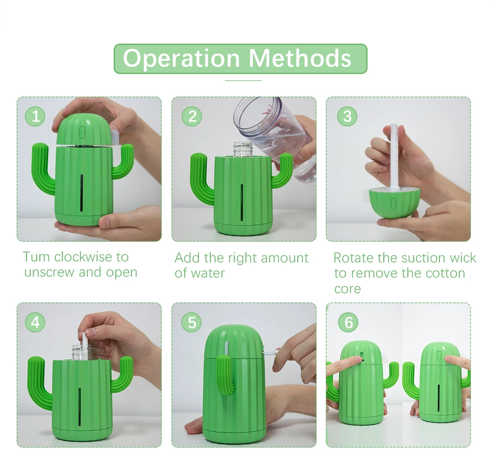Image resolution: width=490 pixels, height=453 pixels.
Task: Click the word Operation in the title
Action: click(181, 59)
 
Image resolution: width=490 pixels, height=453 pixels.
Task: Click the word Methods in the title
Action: click(300, 58)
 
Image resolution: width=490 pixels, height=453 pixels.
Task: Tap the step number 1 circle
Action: click(35, 116)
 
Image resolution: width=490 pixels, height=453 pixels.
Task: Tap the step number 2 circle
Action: click(192, 116)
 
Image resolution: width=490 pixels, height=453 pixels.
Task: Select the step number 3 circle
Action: click(347, 116)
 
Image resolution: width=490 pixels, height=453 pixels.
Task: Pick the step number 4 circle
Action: click(35, 322)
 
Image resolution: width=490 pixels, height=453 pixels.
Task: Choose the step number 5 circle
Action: click(192, 322)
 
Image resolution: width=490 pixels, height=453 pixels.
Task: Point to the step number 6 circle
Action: click(348, 322)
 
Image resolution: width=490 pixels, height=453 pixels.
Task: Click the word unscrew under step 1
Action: click(49, 272)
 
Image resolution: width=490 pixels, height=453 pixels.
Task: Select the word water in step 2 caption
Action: click(208, 273)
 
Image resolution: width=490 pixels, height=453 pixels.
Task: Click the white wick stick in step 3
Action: click(394, 156)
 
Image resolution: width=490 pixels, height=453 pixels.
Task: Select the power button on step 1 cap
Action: click(82, 132)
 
